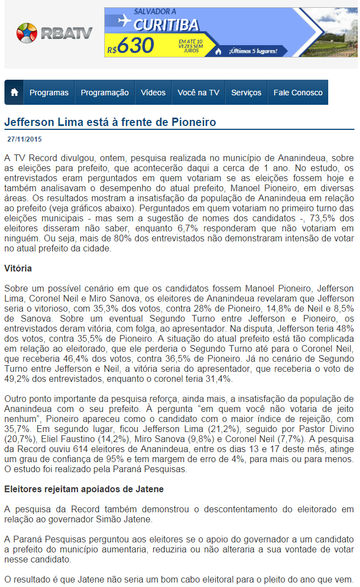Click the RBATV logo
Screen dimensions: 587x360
coord(54,33)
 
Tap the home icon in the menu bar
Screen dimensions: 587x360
coord(14,93)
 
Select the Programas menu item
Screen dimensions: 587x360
coord(49,93)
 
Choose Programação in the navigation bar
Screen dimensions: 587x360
coord(105,93)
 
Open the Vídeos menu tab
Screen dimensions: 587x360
coord(153,93)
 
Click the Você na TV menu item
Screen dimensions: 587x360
coord(198,93)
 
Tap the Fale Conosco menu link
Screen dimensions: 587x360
coord(298,93)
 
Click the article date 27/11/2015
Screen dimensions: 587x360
coord(25,139)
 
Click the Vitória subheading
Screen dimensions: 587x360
coord(18,268)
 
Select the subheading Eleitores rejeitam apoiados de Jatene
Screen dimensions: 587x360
coord(84,489)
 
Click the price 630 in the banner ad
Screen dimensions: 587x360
coord(135,47)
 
